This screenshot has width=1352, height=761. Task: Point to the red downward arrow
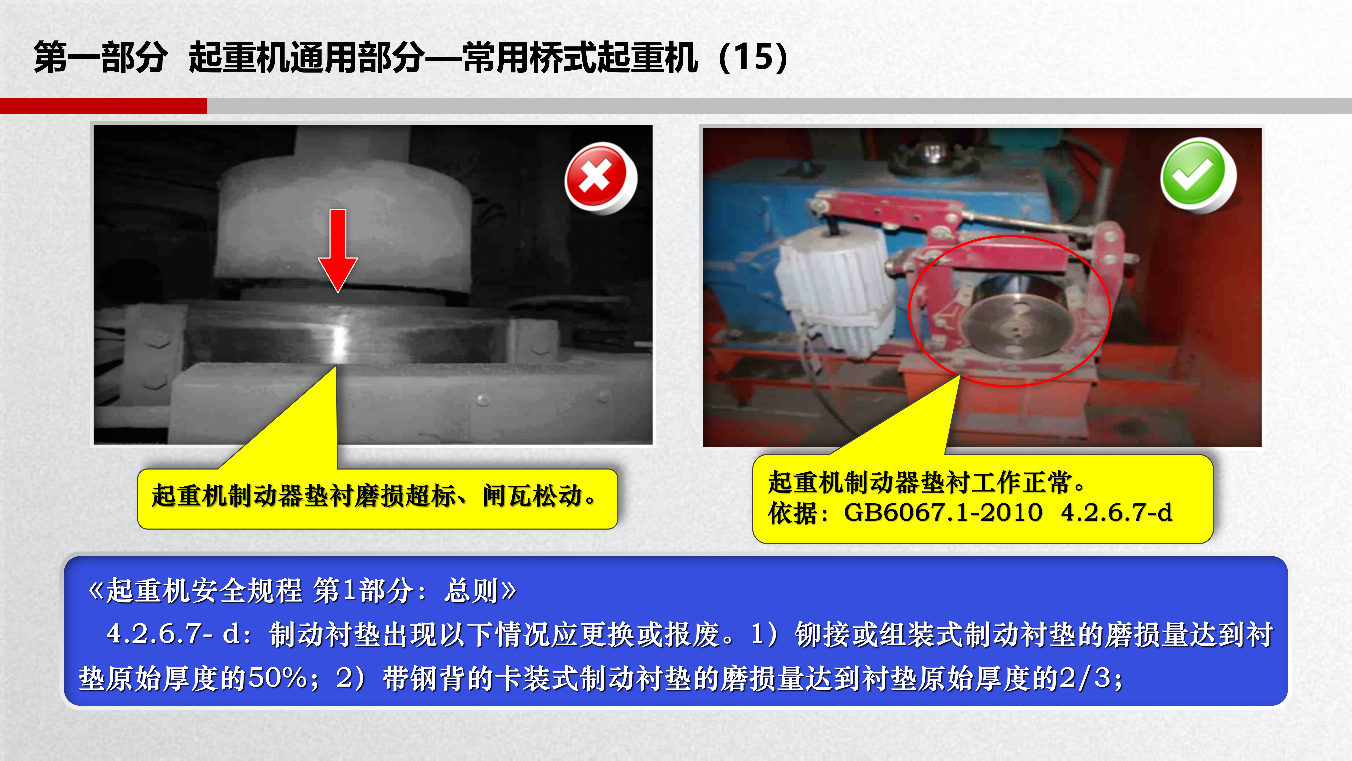coord(338,250)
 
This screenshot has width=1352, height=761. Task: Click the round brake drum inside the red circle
coord(1015,320)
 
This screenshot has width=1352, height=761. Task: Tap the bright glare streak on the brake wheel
coord(340,339)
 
